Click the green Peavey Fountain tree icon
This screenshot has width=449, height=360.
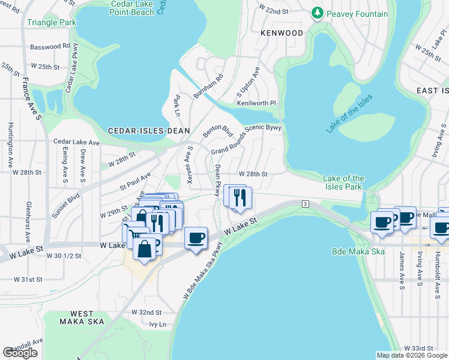point(317,13)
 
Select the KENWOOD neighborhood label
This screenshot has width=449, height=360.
point(282,33)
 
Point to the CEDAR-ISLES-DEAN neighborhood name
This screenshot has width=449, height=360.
point(149,130)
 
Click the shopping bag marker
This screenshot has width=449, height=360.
point(145,248)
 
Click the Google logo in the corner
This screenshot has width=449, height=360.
point(20,353)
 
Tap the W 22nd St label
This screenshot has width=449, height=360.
point(273,11)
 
